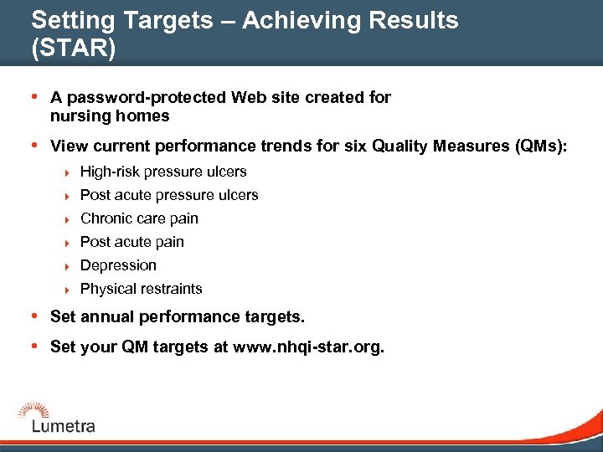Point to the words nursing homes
[x=110, y=116]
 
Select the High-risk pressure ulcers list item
[x=163, y=172]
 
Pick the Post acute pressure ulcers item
[x=169, y=195]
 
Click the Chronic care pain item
[x=139, y=218]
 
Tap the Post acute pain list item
[x=132, y=242]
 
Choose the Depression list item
[x=118, y=265]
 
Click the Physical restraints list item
[x=142, y=289]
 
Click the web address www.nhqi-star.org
[x=307, y=347]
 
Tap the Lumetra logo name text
[x=64, y=426]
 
